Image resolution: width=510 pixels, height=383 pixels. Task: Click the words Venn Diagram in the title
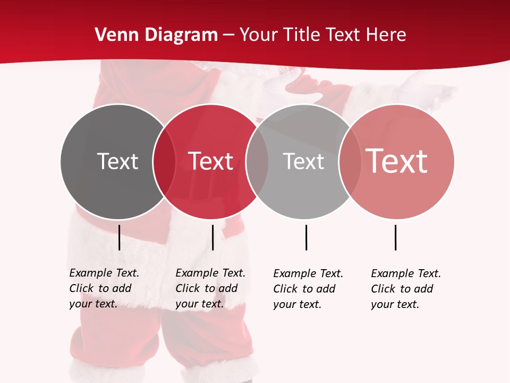(156, 35)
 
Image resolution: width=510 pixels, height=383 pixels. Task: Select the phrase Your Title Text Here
(322, 35)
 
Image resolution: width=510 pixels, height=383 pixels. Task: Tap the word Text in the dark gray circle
(117, 161)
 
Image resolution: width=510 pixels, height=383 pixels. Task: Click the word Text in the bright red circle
(211, 161)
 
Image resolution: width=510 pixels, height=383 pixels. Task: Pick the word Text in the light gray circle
(303, 161)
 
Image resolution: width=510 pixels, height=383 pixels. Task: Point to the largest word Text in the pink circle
(397, 161)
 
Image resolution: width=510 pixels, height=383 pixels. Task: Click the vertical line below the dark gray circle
(120, 237)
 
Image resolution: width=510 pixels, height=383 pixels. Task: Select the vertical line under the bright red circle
(212, 237)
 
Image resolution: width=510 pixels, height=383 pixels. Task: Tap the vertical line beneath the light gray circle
(306, 237)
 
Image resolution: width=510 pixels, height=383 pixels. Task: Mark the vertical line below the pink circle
(395, 237)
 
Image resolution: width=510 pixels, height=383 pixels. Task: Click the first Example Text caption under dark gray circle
(104, 288)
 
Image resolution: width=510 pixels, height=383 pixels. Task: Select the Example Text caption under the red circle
(210, 288)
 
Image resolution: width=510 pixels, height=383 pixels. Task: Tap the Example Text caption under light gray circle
(308, 289)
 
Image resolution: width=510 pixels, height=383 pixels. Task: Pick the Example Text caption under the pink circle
(406, 289)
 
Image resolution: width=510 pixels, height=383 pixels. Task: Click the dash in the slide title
(228, 36)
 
